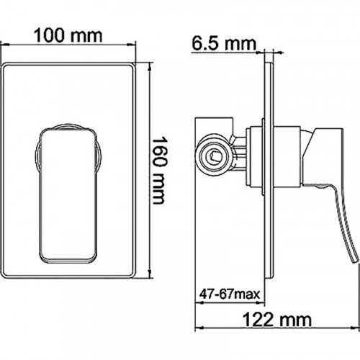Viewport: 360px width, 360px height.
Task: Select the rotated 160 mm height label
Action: pos(165,171)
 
